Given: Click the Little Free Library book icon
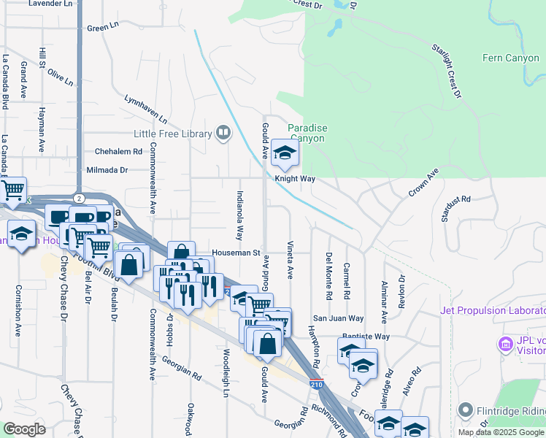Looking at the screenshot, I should [x=223, y=133].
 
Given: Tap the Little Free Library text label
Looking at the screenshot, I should [x=172, y=134].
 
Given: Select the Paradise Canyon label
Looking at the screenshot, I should [x=307, y=133].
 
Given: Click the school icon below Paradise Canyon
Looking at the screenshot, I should [x=285, y=153].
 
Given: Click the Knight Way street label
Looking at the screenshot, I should [x=295, y=178].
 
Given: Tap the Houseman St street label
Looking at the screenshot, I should [x=236, y=253].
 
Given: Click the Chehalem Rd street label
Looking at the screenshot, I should [x=118, y=152].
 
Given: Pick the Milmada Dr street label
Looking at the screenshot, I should [x=107, y=169].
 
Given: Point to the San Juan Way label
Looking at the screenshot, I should [x=338, y=318].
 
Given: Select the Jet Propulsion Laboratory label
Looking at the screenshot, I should [x=493, y=310].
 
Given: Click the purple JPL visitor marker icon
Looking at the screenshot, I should [x=503, y=344].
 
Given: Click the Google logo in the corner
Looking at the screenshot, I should [x=24, y=429].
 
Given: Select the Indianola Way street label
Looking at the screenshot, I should [x=239, y=215].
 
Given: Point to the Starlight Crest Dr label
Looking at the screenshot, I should [x=447, y=70].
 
